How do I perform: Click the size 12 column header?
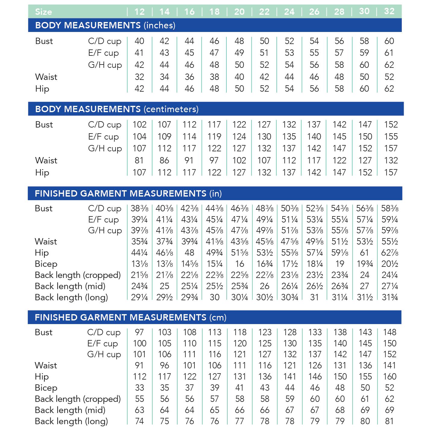point(139,12)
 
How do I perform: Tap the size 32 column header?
point(389,11)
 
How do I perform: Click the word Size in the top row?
point(43,12)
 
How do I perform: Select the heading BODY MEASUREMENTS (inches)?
point(105,25)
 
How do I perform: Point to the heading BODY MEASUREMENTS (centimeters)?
point(117,109)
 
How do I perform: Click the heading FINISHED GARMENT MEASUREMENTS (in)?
point(128,194)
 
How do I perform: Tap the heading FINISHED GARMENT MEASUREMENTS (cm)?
point(130,317)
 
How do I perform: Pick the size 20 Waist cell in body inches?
point(239,77)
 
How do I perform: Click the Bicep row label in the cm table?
point(46,388)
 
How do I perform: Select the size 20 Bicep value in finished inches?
point(240,264)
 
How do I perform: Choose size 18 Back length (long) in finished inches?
point(215,297)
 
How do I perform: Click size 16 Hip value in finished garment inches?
point(190,253)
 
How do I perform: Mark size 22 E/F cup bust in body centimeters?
point(264,137)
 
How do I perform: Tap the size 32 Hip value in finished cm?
point(389,377)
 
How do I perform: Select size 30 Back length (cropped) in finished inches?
point(364,275)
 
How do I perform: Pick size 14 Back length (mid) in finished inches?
point(165,286)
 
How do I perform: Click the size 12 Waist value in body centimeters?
point(139,160)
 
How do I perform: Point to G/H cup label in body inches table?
point(105,65)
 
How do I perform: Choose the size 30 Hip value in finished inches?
point(364,253)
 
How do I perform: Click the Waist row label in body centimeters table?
point(46,160)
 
